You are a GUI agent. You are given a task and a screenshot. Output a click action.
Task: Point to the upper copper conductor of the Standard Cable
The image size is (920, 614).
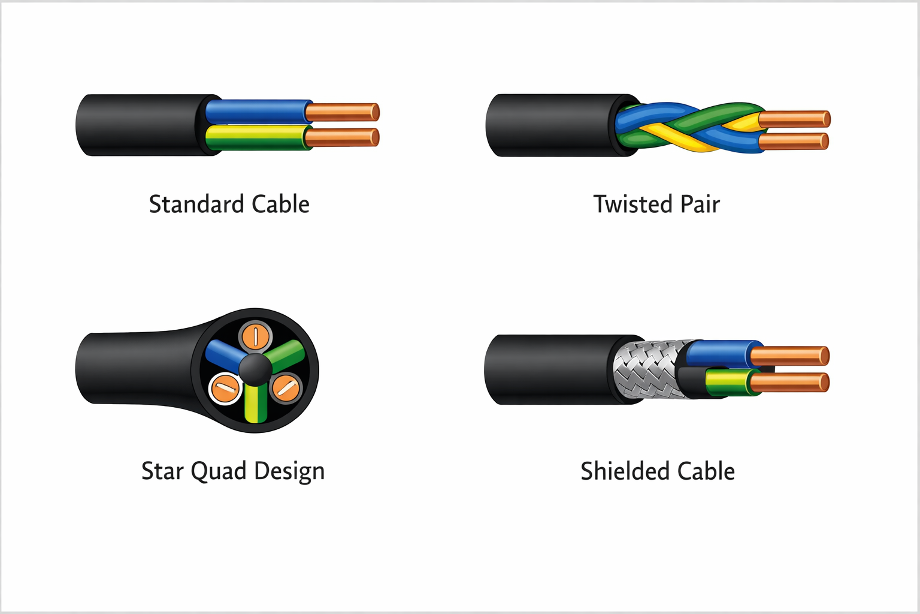click(x=342, y=112)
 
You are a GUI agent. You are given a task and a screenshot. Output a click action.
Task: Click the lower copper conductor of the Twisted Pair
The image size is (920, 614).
click(x=794, y=142)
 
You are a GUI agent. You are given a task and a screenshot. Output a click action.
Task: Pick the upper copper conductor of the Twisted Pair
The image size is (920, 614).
click(x=795, y=119)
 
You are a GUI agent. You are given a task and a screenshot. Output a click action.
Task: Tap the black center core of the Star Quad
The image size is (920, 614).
click(x=256, y=369)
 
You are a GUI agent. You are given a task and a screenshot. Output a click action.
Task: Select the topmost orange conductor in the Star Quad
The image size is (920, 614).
click(x=256, y=337)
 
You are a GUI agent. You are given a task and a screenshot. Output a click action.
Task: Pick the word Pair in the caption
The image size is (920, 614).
click(x=700, y=204)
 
